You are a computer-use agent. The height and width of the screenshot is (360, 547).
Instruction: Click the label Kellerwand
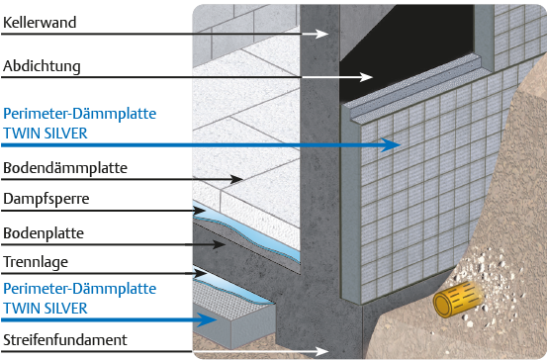coord(40,23)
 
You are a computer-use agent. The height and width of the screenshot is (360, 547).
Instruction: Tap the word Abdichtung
coord(42,66)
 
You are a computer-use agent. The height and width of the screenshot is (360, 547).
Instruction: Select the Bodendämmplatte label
coord(65,168)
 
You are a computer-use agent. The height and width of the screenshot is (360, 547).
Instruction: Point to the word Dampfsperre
coord(46,199)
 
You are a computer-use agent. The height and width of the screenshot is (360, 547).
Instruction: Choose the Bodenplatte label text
coord(44,233)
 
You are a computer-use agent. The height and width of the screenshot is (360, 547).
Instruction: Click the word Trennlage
coord(36,262)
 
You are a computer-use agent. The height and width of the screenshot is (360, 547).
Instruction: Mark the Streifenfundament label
coord(65,340)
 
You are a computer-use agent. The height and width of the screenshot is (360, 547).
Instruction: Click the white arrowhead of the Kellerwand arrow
coord(321,34)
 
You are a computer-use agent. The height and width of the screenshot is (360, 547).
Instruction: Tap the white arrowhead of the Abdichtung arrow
coord(366,77)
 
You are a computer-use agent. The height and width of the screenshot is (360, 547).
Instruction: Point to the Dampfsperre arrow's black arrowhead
coord(199,211)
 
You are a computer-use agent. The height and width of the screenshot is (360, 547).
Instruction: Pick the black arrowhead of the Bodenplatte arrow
coord(219,244)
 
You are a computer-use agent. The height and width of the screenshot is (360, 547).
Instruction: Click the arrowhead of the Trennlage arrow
coord(200,273)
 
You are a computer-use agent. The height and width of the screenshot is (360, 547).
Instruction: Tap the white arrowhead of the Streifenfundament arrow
coord(321,351)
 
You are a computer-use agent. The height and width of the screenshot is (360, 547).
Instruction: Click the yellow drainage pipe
coord(457,300)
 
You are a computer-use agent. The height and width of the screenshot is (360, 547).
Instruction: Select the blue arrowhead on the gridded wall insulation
coord(390,144)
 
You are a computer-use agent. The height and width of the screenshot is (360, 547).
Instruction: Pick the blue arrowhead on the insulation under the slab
coord(207,319)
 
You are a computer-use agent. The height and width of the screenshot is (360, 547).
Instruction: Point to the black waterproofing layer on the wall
coord(405,52)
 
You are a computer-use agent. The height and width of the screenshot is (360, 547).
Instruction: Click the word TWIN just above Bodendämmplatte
coord(20,134)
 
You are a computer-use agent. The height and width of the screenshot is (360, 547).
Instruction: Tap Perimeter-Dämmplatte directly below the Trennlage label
coord(79,289)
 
